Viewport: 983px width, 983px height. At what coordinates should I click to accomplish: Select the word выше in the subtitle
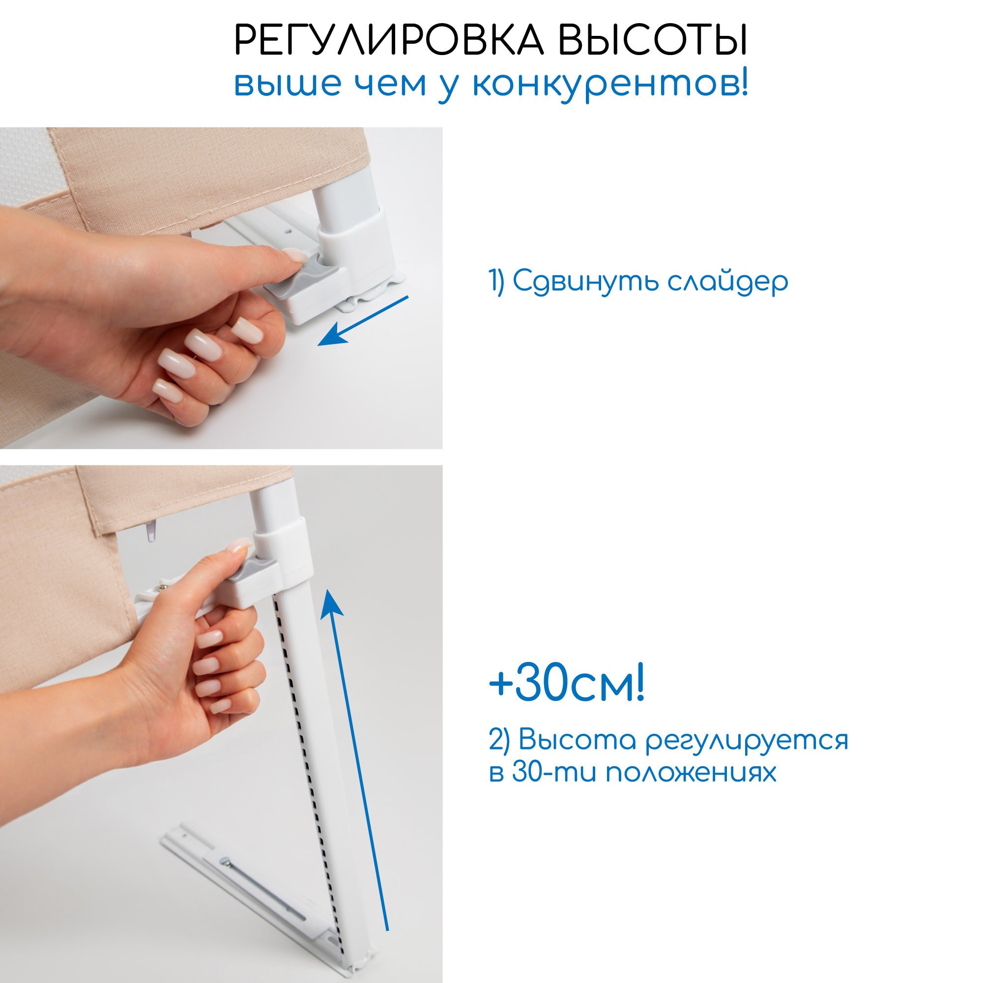pos(288,84)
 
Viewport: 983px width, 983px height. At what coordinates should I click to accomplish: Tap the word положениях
pos(691,772)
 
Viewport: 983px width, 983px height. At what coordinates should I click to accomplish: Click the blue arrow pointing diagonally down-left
pos(363,321)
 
